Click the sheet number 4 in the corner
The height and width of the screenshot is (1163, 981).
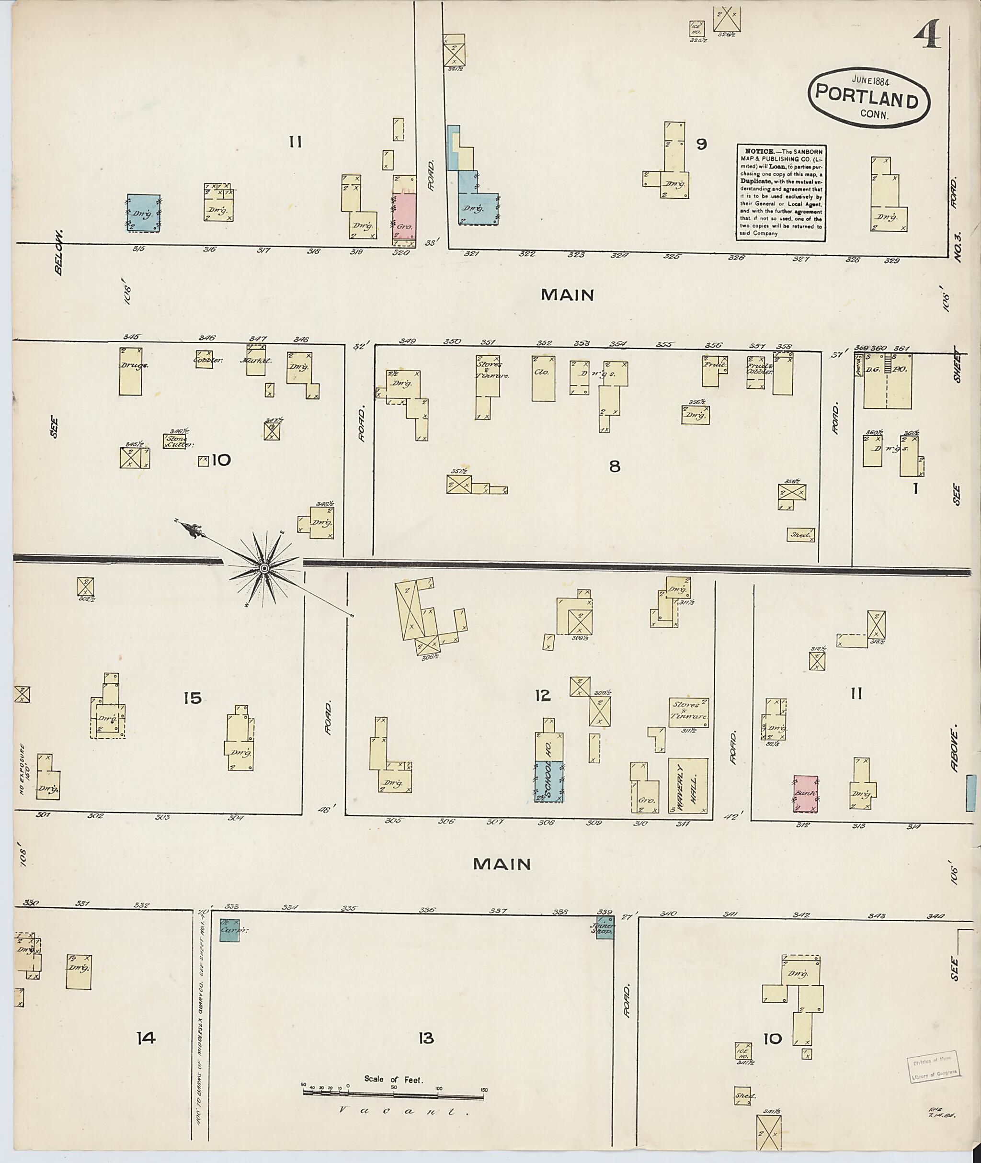(926, 34)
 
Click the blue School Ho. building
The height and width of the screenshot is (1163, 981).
(549, 781)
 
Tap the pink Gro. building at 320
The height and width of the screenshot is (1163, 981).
(404, 218)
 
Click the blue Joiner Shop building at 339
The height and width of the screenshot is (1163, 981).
(605, 929)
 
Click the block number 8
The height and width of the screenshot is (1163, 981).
(614, 466)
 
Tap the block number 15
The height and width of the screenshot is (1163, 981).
(193, 698)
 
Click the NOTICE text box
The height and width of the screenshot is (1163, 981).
(781, 193)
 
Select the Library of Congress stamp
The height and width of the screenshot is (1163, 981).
(934, 1067)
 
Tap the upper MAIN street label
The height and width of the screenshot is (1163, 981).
(567, 294)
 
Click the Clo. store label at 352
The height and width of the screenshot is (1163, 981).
(541, 372)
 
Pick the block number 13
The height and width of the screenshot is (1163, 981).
(426, 1038)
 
